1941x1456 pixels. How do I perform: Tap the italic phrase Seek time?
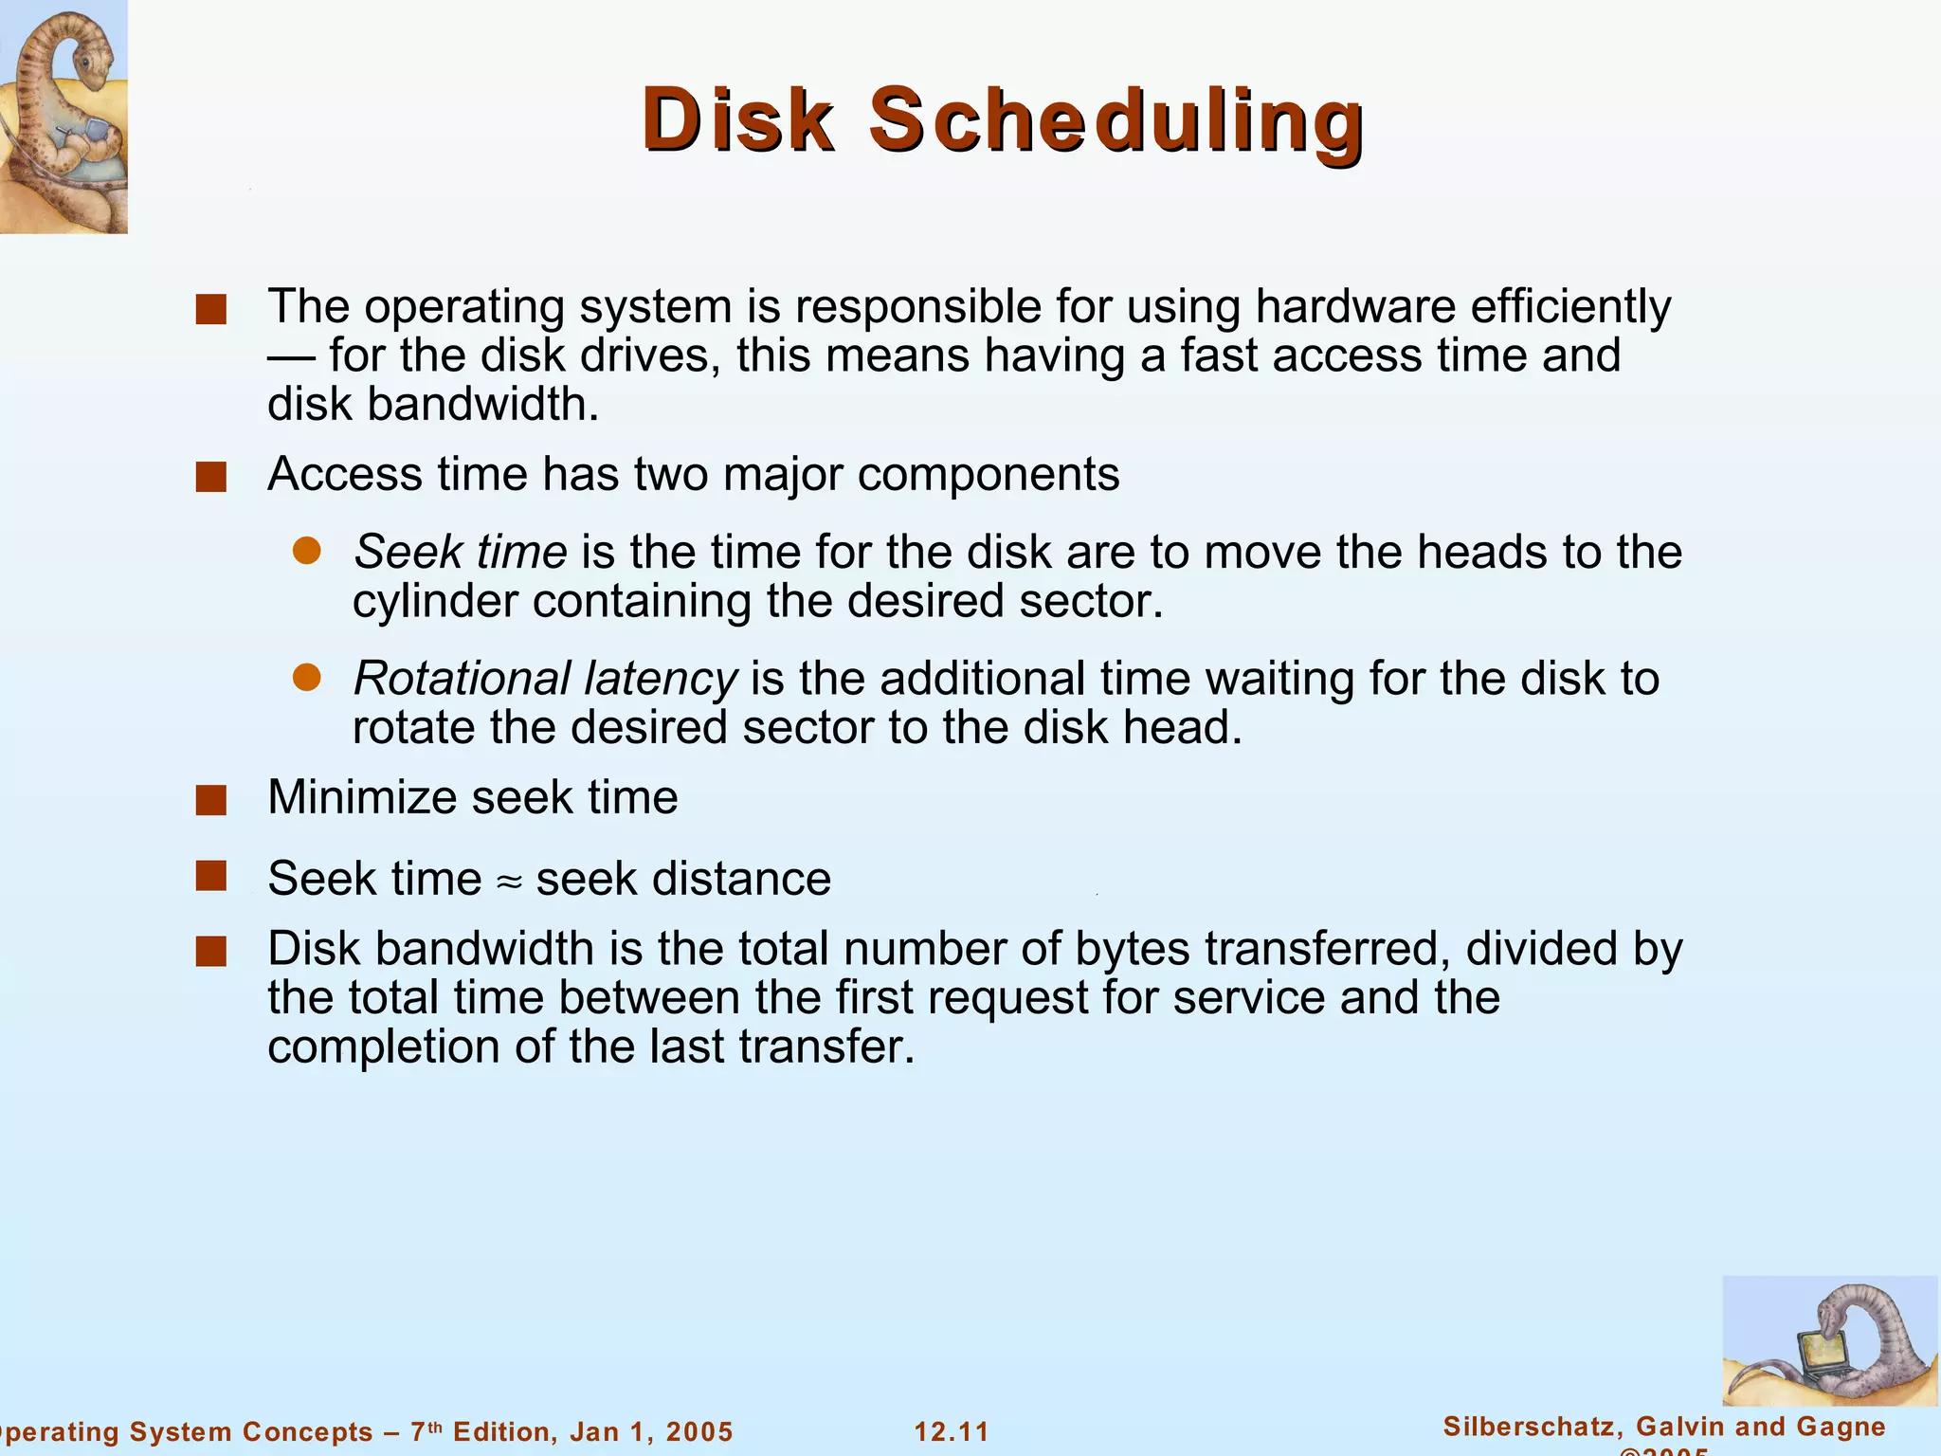click(461, 552)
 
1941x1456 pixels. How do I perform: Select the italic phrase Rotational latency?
click(545, 679)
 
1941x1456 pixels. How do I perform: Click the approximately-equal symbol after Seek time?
click(509, 882)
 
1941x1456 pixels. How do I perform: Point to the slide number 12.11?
click(952, 1431)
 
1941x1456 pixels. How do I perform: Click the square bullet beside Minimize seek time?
click(210, 800)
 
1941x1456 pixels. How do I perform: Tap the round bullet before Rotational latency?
click(306, 677)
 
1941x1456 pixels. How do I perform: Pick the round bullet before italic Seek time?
click(306, 551)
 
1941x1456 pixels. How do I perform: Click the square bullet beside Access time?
click(210, 477)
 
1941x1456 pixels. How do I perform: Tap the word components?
click(988, 474)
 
